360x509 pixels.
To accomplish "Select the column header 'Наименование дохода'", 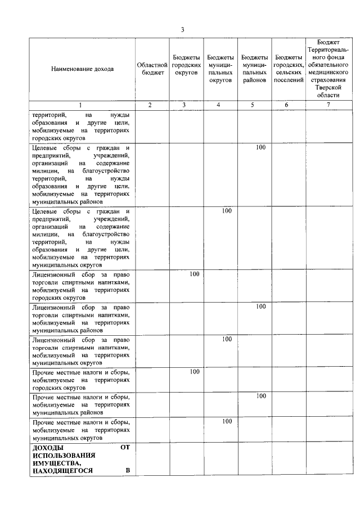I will point(82,69).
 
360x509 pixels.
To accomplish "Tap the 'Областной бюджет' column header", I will point(152,69).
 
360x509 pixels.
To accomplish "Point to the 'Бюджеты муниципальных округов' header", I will point(220,69).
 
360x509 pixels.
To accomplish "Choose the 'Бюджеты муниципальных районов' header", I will point(254,69).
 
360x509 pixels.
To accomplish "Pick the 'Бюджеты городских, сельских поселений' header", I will point(289,69).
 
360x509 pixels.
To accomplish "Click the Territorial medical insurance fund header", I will point(328,69).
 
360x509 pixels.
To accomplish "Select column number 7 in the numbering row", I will point(328,105).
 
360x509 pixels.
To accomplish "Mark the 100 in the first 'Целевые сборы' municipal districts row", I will point(260,147).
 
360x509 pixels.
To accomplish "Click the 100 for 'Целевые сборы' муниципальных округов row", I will point(227,211).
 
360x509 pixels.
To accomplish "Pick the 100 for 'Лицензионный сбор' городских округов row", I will point(195,274).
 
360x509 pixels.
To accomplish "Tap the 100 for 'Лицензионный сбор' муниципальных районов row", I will point(260,307).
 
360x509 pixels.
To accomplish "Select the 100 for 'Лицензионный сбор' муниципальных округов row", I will point(227,339).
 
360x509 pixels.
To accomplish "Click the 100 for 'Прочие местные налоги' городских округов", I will point(195,372).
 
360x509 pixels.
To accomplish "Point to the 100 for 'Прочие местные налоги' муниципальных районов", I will point(260,396).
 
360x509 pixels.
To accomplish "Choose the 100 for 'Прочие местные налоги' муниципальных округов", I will point(227,421).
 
